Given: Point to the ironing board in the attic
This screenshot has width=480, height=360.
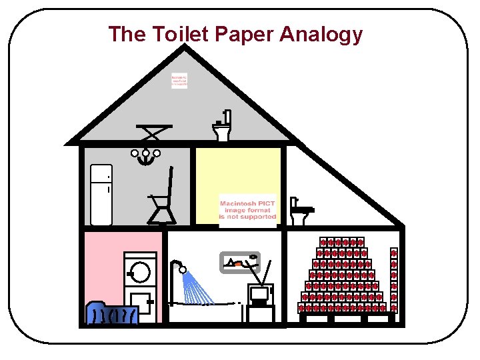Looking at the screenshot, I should pos(153,131).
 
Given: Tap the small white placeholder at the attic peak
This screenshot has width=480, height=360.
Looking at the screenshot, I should pos(179,81).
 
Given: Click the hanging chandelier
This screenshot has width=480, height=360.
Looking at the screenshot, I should pos(146,158).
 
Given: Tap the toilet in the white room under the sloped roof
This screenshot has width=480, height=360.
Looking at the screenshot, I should pos(301,213).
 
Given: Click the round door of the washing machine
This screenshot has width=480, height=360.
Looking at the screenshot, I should pos(140,271).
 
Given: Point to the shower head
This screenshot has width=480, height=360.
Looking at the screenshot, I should pos(181,270).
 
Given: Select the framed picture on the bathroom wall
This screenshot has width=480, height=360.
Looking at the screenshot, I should pos(240,263).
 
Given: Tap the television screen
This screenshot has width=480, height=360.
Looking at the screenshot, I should pos(259,293).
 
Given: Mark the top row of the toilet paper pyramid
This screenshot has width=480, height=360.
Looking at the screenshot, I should pos(342,242).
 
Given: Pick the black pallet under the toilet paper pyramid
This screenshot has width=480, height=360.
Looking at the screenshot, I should pos(347,317).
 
